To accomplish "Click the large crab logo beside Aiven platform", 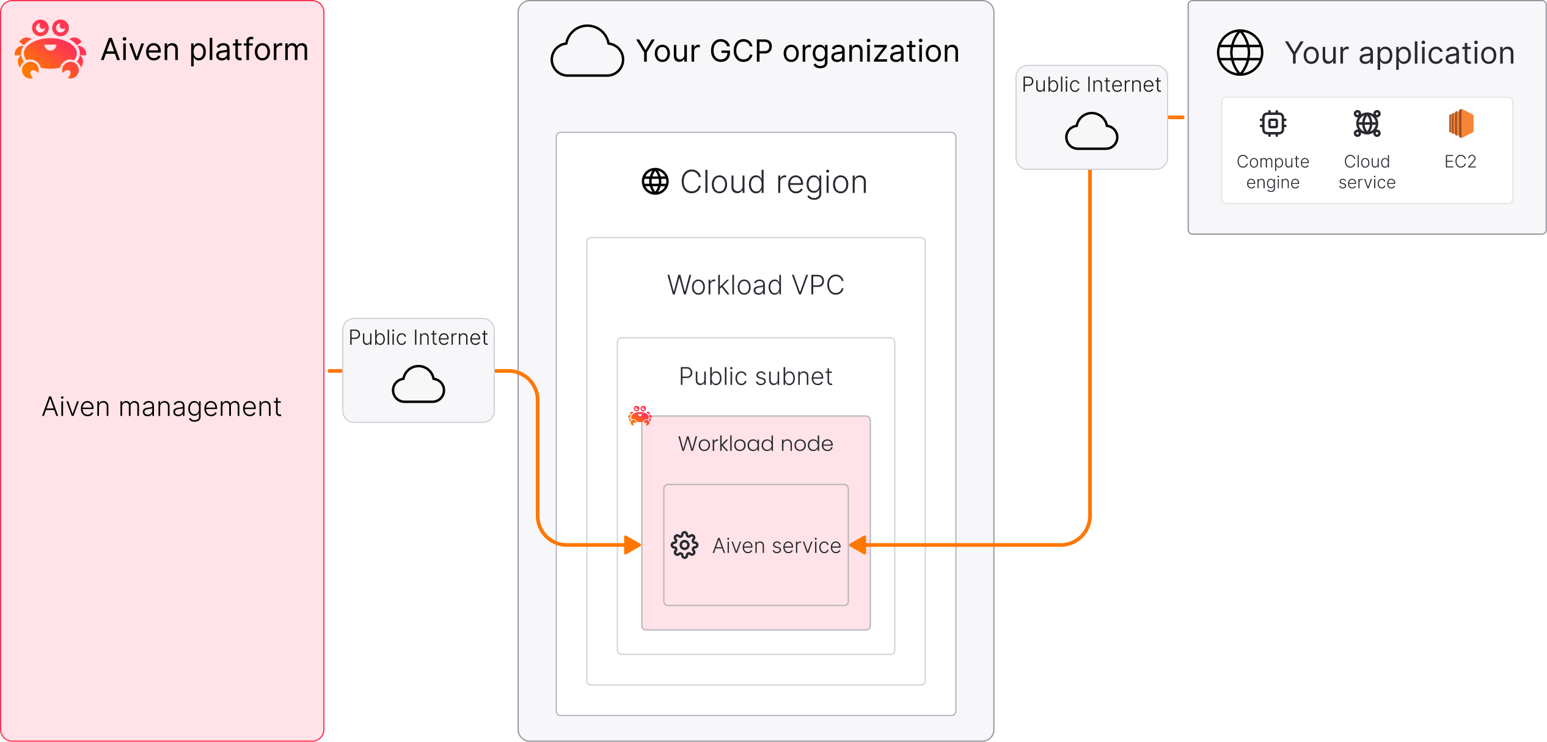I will click(x=51, y=50).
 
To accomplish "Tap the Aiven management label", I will click(x=161, y=407).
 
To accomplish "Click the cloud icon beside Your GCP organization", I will click(x=587, y=52).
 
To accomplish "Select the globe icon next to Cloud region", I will click(x=655, y=182).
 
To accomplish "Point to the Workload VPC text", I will click(x=755, y=285).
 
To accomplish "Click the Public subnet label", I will click(x=755, y=377).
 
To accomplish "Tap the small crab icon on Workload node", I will click(x=640, y=416).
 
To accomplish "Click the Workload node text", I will click(x=755, y=444).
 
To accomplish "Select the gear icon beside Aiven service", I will click(x=684, y=545).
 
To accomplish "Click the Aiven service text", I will click(x=777, y=546).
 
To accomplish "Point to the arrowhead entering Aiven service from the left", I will click(x=633, y=545).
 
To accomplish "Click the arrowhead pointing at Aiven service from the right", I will click(x=858, y=545).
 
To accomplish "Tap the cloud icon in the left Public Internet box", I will click(x=419, y=384).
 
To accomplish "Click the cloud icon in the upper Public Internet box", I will click(x=1091, y=131).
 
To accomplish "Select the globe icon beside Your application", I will click(x=1240, y=53).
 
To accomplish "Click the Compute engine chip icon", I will click(x=1273, y=123).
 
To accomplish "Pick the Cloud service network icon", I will click(x=1367, y=123).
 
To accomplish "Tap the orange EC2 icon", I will click(x=1461, y=123).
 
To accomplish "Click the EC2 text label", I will click(x=1460, y=162).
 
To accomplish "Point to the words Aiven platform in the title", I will click(x=205, y=50).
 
